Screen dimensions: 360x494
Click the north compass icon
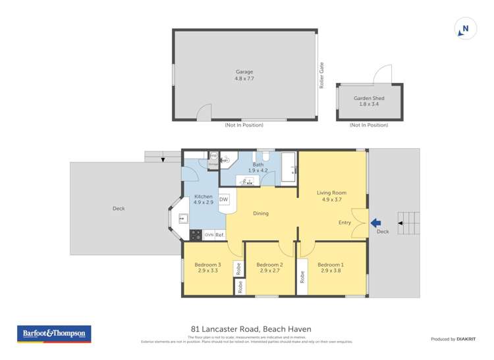pos(465,29)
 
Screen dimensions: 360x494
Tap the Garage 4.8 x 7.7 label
pos(244,75)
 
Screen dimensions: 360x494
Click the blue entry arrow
pos(375,222)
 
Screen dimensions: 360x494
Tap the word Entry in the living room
pos(344,222)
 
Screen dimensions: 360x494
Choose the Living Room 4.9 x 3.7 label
pos(334,195)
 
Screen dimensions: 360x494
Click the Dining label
pos(261,213)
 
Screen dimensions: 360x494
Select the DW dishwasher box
pos(223,199)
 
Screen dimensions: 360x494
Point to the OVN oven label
pos(208,235)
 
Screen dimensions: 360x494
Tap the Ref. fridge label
pos(220,235)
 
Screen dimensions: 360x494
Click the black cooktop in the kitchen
pos(196,234)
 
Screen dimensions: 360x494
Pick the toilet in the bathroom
pos(267,158)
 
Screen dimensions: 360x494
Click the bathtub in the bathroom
pos(288,167)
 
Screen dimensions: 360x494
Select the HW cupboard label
pos(213,155)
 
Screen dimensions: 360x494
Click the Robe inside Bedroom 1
pos(302,277)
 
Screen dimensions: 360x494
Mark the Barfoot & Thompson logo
pos(54,334)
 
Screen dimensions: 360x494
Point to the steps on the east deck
pos(408,222)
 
